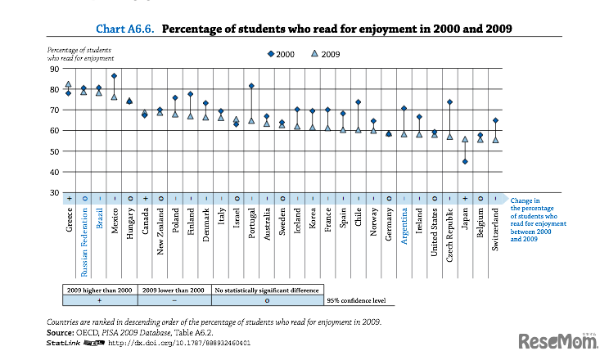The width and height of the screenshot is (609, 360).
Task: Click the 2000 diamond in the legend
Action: (270, 54)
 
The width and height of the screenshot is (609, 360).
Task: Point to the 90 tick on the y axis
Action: (55, 68)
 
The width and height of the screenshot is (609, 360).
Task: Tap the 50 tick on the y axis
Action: (55, 151)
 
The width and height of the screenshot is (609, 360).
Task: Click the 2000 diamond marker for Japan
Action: (465, 161)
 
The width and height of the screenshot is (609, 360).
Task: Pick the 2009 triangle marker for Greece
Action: (68, 84)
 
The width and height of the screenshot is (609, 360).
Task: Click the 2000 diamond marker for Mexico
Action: (114, 76)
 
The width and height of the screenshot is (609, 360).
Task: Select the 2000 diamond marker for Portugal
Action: (251, 86)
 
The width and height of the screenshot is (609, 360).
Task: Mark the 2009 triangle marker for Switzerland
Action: (495, 140)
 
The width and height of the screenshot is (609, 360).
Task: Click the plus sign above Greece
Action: (69, 199)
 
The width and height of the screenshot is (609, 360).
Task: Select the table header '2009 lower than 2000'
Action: (174, 290)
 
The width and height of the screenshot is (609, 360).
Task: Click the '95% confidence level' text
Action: (358, 302)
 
